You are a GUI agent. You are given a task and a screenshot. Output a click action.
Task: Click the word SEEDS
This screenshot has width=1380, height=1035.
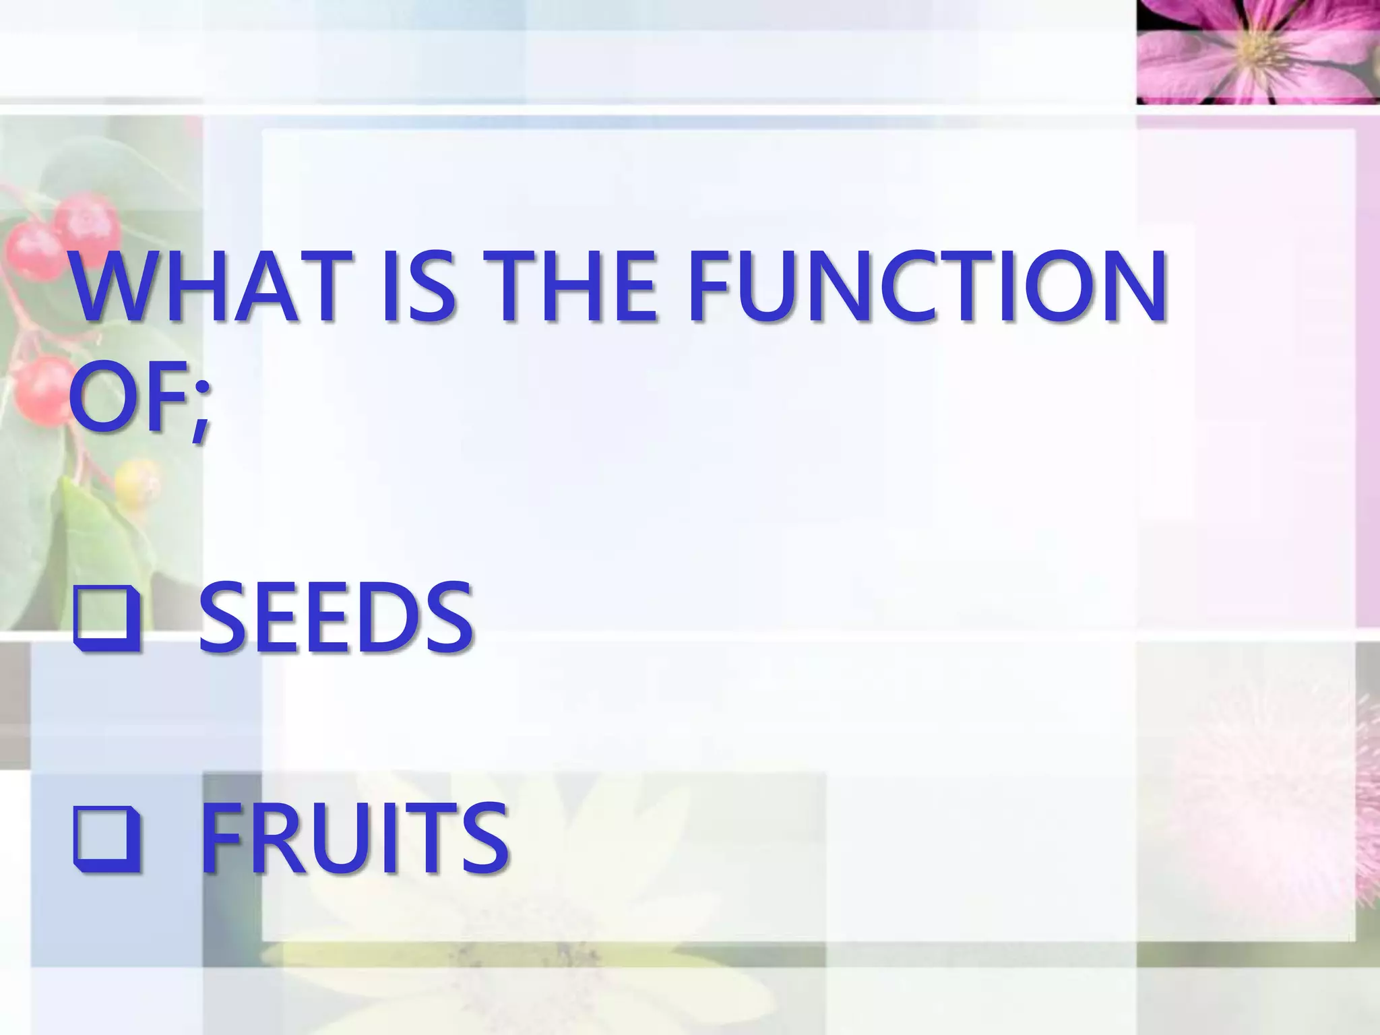click(335, 618)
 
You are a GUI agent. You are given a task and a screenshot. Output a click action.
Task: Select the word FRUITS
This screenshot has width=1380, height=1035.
click(353, 838)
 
